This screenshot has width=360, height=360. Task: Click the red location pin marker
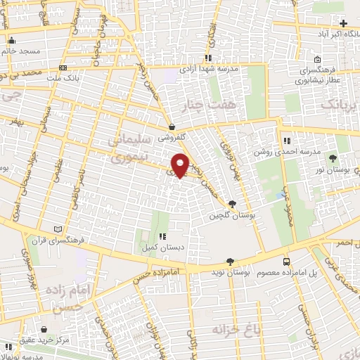[180, 165]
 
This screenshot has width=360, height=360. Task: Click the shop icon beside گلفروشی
[173, 127]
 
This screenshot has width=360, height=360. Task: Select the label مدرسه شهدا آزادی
[210, 70]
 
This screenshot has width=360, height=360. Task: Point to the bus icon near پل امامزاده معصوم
[286, 261]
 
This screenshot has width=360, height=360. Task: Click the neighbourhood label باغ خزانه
[231, 328]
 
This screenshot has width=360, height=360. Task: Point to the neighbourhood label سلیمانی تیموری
[128, 148]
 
